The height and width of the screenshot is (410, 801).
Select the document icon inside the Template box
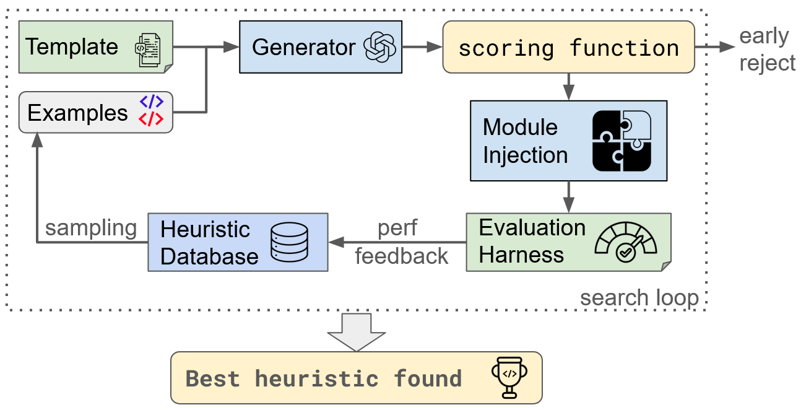pos(147,48)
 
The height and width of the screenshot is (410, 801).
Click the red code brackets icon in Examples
pos(151,120)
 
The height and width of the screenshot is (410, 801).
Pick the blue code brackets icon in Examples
pos(151,103)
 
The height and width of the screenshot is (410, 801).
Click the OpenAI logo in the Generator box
pos(379,47)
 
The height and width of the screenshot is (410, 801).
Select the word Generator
pos(303,47)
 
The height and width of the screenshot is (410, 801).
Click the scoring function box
pos(568,47)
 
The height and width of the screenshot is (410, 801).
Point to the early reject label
pos(767,50)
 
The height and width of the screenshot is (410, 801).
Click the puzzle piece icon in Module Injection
pos(621,141)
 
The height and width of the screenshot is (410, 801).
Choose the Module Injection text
pos(525,141)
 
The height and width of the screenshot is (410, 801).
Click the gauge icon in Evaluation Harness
pos(625,242)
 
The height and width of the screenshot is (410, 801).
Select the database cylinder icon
pos(290,242)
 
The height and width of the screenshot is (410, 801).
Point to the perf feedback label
pos(399,242)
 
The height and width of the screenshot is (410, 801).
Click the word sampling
pos(91,228)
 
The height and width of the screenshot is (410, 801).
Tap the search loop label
pos(639,298)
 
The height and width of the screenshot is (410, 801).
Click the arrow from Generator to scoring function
pos(422,47)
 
